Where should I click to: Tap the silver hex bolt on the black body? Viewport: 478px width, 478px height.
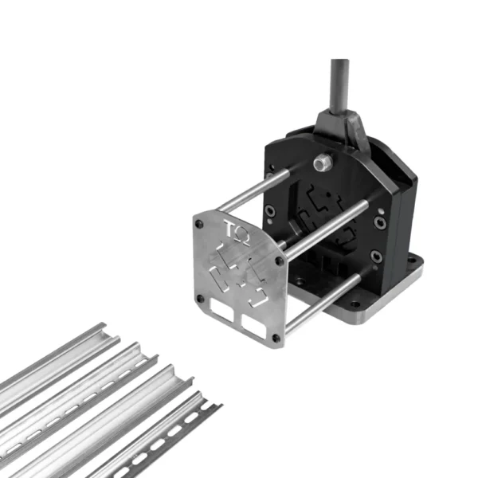point(323,163)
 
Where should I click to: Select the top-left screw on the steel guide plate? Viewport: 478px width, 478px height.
point(199,224)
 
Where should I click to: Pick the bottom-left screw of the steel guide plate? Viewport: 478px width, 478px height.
point(200,298)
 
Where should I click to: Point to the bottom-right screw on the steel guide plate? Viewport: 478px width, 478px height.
point(276,338)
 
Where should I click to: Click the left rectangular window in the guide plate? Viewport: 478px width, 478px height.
point(221,310)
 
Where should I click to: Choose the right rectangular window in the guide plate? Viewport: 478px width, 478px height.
point(254,327)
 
